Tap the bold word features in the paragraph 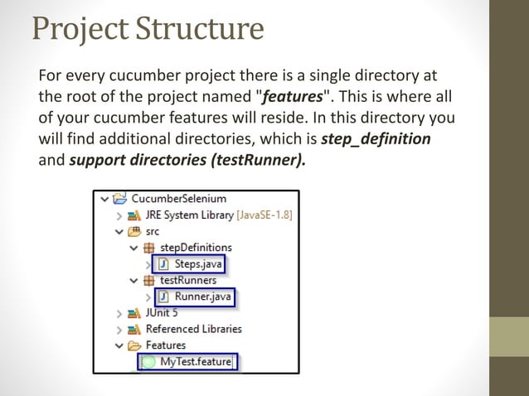tap(294, 96)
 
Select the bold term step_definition tap(376, 138)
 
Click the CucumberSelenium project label tap(178, 199)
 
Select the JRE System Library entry tap(189, 215)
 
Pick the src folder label tap(152, 231)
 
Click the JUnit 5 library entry tap(161, 312)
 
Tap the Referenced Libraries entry tap(193, 329)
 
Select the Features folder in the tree tap(166, 345)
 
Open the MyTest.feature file tap(196, 361)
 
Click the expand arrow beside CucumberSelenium tap(104, 199)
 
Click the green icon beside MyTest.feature tap(148, 362)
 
